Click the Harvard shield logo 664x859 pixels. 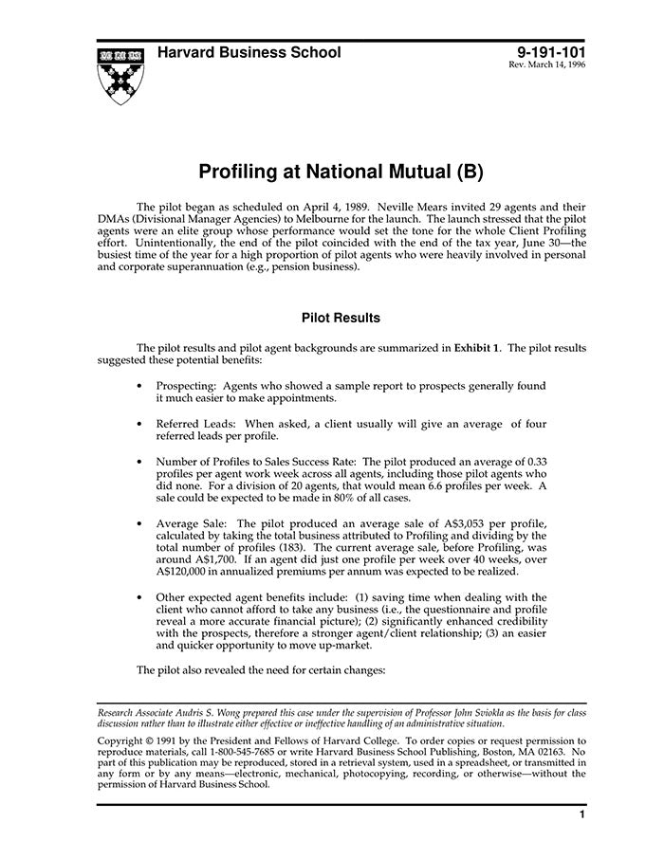pos(120,76)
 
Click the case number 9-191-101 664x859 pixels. pos(551,53)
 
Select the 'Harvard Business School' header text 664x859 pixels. pos(249,53)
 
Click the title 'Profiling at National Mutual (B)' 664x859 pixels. pos(341,173)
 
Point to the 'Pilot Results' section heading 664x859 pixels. pos(341,318)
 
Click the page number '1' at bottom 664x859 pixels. pos(581,814)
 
